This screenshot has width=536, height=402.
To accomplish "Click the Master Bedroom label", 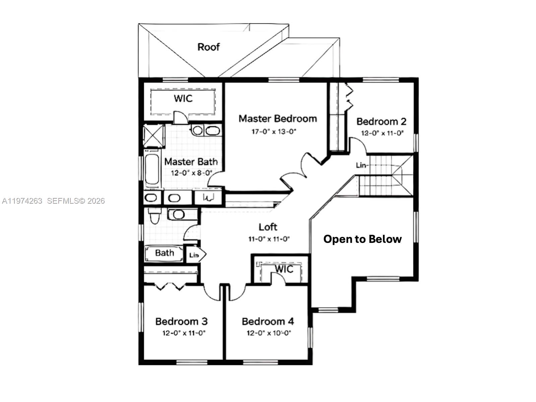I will (277, 119).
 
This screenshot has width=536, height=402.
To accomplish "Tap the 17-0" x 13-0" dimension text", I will (274, 132).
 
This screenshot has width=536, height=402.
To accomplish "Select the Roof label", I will (208, 47).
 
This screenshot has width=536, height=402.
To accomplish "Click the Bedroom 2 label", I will (381, 121).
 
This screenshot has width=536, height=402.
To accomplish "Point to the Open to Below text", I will (362, 239).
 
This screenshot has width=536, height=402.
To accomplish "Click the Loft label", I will (268, 227).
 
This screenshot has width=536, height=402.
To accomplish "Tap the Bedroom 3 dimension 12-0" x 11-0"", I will (184, 333).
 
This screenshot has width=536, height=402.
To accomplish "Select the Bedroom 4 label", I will (268, 322).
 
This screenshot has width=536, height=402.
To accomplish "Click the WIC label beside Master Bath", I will (183, 98).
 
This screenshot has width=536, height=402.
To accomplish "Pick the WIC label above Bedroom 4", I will (284, 269).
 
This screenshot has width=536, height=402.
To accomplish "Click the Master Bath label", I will (191, 162).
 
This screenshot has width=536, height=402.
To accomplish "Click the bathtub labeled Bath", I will (164, 253).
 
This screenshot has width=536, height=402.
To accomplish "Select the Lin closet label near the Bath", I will (194, 255).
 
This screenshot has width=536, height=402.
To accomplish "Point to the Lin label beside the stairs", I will (361, 165).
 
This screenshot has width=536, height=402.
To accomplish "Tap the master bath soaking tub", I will (152, 170).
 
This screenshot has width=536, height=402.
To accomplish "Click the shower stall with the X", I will (154, 136).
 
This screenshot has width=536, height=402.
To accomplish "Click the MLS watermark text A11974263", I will (22, 201).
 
